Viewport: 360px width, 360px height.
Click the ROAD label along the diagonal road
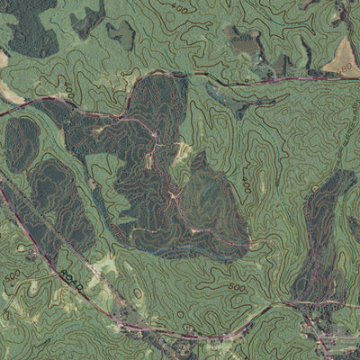75,283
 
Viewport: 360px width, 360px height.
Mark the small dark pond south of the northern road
241,114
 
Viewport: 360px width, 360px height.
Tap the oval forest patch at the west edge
20,144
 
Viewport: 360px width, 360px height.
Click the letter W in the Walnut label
310,306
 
